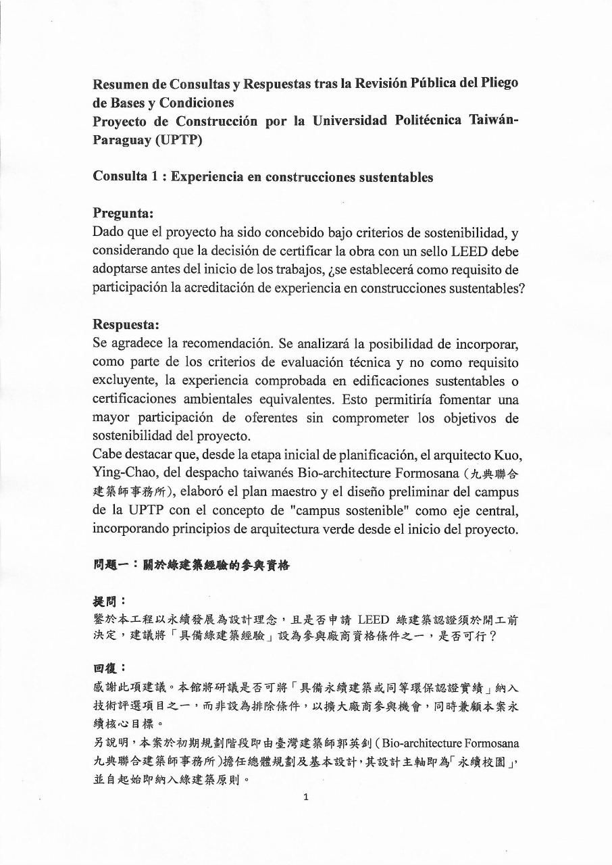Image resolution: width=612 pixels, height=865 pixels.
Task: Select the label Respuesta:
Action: (126, 324)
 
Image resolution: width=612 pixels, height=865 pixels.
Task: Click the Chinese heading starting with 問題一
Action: (191, 565)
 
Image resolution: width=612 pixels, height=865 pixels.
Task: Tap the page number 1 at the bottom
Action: (306, 797)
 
